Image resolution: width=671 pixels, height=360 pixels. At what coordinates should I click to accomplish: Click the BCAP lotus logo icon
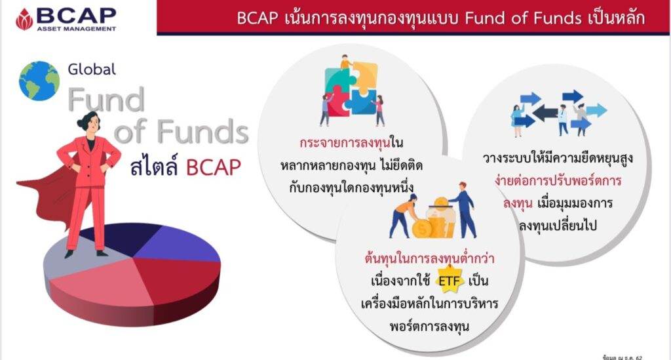click(24, 18)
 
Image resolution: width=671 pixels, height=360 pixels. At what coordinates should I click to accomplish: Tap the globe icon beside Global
click(39, 81)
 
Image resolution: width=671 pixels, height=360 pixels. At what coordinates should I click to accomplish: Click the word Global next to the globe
click(91, 68)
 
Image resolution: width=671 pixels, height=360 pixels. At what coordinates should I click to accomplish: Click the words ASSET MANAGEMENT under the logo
click(77, 29)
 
